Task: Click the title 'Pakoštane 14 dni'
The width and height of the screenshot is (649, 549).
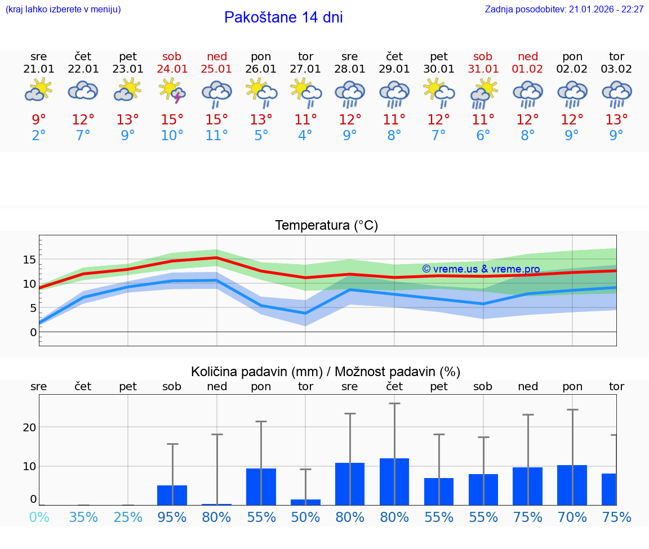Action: (x=283, y=17)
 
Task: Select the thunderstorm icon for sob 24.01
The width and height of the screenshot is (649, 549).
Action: (x=172, y=91)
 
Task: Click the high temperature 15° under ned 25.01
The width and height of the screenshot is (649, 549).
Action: (x=217, y=119)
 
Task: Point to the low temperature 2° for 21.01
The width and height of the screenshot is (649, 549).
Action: (x=39, y=136)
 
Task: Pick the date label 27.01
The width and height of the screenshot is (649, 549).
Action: (x=305, y=69)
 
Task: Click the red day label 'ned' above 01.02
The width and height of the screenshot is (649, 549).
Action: (x=528, y=56)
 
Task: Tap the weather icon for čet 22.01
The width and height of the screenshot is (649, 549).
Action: (x=83, y=90)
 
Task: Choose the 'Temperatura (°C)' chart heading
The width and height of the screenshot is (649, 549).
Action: (x=326, y=225)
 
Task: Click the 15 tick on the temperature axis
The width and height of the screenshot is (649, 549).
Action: (x=30, y=260)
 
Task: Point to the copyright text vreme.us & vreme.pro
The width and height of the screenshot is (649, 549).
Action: (x=481, y=269)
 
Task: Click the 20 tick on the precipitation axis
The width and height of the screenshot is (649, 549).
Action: (x=30, y=427)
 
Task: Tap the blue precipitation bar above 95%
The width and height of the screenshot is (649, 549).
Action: (x=172, y=495)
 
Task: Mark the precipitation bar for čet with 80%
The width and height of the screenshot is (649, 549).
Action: (x=394, y=482)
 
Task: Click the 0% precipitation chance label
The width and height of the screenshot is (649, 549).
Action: (x=39, y=517)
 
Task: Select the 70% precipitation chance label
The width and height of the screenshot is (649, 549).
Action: (x=572, y=517)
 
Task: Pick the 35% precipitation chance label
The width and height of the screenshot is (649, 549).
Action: (x=83, y=517)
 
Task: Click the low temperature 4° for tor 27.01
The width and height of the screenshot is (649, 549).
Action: (x=305, y=136)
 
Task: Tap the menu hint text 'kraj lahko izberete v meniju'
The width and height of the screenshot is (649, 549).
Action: (x=63, y=9)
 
